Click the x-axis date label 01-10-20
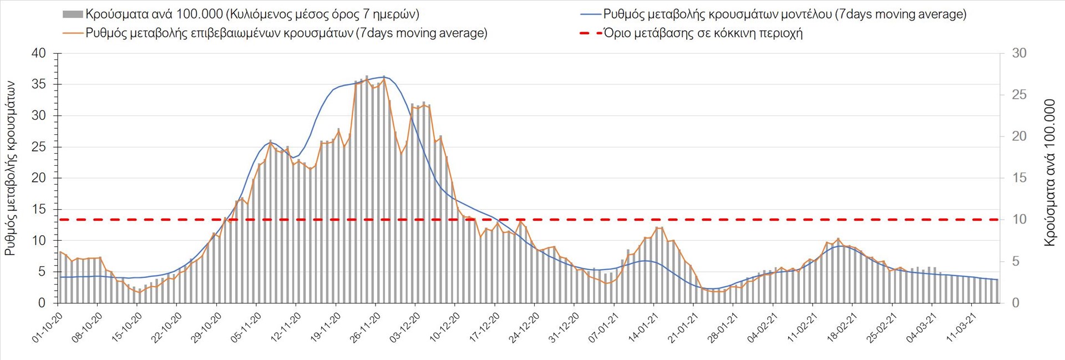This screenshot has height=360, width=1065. point(47,327)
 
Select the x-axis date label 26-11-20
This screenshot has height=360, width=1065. point(365,327)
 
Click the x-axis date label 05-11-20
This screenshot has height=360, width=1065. point(246,327)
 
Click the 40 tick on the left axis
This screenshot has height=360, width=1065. point(39,54)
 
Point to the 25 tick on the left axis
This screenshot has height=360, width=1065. point(39,147)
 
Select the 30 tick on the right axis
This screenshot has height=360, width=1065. point(1019,53)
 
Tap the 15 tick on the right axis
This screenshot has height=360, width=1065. point(1019,178)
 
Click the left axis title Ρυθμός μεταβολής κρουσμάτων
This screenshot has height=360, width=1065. point(10,169)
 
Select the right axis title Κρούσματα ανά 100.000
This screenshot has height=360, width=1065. point(1049,173)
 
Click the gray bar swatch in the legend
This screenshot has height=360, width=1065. point(73,14)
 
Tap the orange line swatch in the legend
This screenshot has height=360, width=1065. point(73,33)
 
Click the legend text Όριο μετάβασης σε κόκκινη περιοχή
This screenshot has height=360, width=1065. point(703,33)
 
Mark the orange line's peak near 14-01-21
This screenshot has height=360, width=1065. point(658,228)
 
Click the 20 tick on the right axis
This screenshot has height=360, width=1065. point(1019,136)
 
